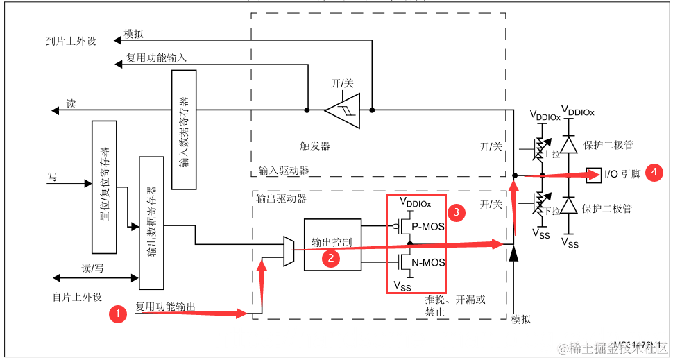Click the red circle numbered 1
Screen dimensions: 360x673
118,314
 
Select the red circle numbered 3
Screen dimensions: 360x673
455,212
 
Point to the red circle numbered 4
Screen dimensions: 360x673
654,173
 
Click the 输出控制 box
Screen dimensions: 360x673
332,243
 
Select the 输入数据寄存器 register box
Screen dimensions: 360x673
184,129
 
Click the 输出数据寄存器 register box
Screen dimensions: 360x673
151,223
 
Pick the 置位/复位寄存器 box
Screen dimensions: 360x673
104,187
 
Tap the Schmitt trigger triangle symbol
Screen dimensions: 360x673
343,110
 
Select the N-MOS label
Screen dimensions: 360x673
428,263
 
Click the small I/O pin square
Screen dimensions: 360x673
594,173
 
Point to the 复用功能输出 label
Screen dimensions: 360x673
165,307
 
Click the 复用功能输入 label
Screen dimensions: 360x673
155,58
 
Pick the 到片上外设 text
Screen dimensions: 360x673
67,41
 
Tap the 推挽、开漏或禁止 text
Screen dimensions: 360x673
455,306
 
